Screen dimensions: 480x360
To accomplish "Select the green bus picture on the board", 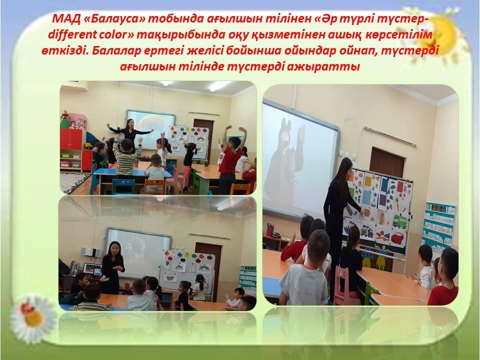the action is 399,221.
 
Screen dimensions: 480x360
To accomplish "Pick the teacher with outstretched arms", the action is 130,133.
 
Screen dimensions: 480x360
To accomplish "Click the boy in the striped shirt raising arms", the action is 126,157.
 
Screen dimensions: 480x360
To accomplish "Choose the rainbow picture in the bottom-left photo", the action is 204,268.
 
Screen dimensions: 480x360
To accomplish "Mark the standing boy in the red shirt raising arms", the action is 230,159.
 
